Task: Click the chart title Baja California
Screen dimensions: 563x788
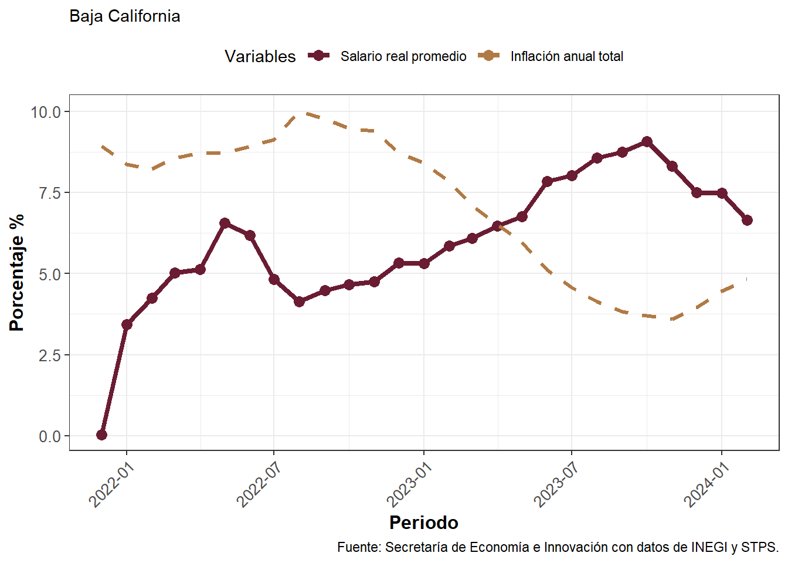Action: (x=124, y=16)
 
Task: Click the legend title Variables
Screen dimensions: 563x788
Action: (x=260, y=56)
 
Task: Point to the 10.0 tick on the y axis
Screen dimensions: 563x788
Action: (x=46, y=112)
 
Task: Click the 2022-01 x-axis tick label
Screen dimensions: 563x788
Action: (x=112, y=484)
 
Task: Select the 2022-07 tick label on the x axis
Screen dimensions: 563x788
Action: (x=260, y=484)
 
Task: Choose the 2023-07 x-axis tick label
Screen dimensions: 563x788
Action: (x=557, y=484)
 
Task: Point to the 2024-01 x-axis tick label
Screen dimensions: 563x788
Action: (x=707, y=484)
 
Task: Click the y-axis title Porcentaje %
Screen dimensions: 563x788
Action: (x=17, y=273)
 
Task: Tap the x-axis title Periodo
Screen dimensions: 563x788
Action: (x=423, y=523)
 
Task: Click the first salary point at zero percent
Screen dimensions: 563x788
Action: (x=101, y=435)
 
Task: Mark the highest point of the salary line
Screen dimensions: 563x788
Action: (x=647, y=141)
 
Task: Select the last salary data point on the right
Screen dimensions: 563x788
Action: (x=747, y=220)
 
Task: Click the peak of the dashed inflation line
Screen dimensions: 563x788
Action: (x=300, y=112)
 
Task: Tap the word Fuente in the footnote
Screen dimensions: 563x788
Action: (x=358, y=547)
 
